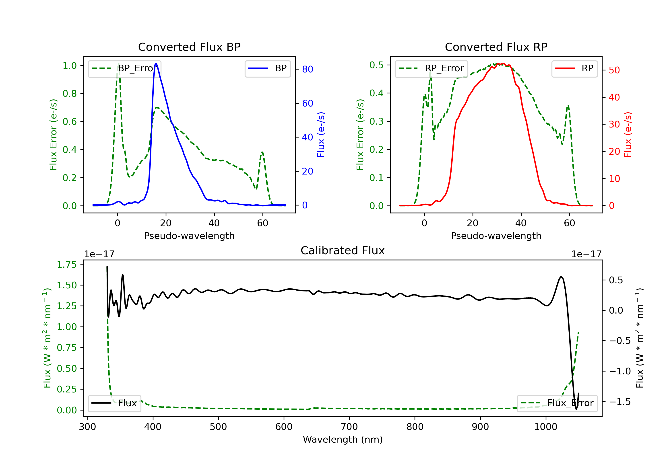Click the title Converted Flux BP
(189, 47)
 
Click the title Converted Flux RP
(496, 47)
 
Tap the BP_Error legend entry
(125, 68)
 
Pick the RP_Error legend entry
(432, 68)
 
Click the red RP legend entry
(574, 68)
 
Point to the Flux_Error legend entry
(557, 403)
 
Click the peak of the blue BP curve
(156, 63)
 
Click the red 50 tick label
(614, 70)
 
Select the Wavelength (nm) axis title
(343, 439)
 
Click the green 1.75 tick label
(67, 265)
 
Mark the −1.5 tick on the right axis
(620, 402)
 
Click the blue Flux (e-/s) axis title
(321, 135)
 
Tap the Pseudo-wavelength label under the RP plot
(496, 236)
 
